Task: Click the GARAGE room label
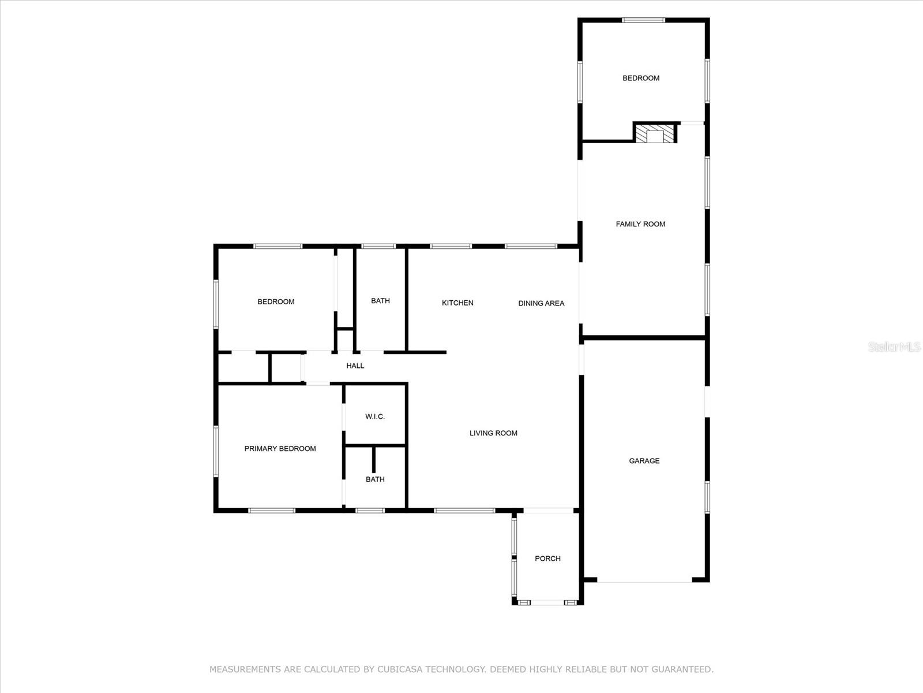(x=644, y=461)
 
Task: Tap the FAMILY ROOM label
(x=640, y=224)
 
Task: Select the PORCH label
(x=547, y=558)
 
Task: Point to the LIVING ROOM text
(x=493, y=433)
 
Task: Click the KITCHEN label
(x=457, y=303)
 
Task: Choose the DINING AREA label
(x=541, y=303)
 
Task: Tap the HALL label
(x=355, y=366)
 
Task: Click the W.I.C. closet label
(x=375, y=416)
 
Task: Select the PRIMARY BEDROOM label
(x=280, y=449)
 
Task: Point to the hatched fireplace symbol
(x=655, y=133)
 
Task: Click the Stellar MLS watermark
(x=894, y=346)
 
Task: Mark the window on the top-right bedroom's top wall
(x=643, y=20)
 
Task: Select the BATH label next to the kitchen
(x=381, y=301)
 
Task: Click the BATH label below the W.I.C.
(x=375, y=479)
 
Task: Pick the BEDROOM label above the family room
(x=641, y=79)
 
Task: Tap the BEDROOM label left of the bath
(x=276, y=301)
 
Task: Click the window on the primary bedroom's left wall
(x=216, y=452)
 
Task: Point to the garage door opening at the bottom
(x=644, y=582)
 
